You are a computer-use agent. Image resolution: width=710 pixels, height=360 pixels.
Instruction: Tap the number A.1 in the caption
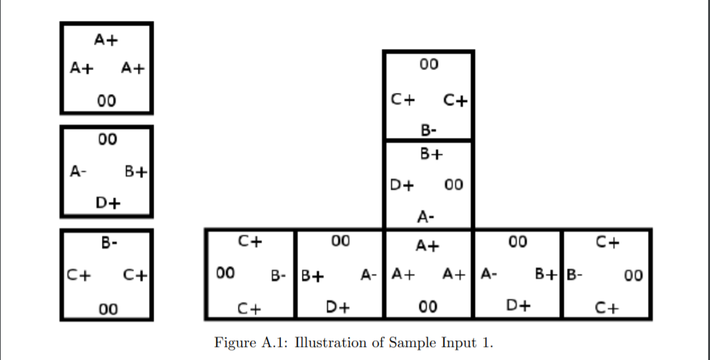(x=273, y=342)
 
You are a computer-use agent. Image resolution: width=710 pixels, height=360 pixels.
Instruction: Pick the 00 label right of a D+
(x=453, y=186)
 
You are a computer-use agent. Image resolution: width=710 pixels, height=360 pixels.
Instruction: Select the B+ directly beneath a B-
(x=430, y=155)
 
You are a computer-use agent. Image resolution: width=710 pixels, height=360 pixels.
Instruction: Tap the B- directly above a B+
(x=428, y=131)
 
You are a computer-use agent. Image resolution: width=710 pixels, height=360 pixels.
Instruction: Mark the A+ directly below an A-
(x=428, y=246)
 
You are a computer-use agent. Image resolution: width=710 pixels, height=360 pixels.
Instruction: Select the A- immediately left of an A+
(x=370, y=275)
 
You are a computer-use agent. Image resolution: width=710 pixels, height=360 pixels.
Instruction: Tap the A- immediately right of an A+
(x=489, y=275)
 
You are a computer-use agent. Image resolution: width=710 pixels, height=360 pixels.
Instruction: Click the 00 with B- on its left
(x=633, y=276)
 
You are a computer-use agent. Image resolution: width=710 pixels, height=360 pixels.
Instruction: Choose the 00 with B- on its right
(x=225, y=273)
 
